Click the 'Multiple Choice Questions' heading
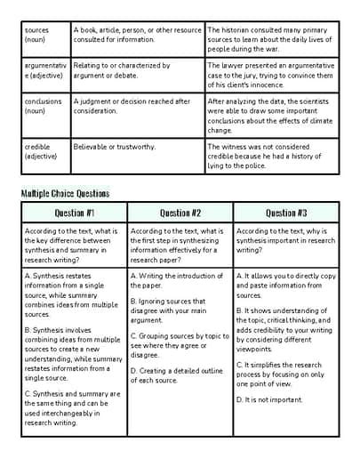coord(65,193)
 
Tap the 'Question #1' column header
coord(75,213)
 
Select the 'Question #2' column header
coord(180,213)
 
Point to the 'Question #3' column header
coord(286,213)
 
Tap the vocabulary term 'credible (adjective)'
coord(40,152)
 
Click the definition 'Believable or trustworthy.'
coord(114,147)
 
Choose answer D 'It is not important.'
coord(269,400)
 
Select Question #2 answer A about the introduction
coord(176,281)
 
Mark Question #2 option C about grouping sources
coord(180,344)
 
